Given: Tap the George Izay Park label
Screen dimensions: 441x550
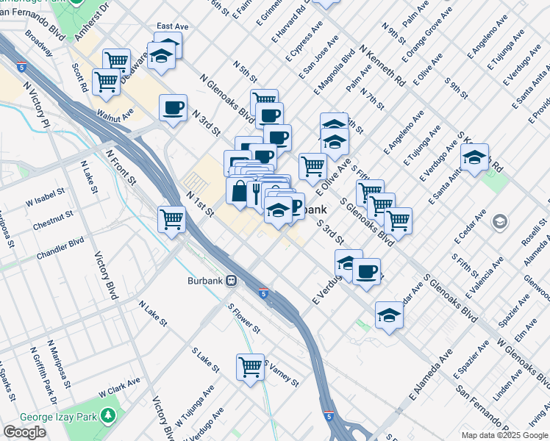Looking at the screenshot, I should [x=51, y=416].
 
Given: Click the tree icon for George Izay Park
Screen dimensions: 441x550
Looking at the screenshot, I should [x=108, y=416].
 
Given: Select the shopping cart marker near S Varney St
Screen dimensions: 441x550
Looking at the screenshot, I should [x=250, y=366].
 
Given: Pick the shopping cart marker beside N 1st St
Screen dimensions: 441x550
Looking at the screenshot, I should [x=171, y=218].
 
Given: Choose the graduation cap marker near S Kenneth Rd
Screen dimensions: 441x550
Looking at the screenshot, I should [x=474, y=157].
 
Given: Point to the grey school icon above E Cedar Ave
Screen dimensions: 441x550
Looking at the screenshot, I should [x=499, y=221].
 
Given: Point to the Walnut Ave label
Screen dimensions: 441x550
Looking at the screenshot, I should [x=118, y=115].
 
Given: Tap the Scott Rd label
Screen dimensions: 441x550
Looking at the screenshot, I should [x=80, y=76].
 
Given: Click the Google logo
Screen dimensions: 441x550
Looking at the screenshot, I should [x=24, y=432].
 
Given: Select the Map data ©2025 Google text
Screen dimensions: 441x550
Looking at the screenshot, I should [x=504, y=435].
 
